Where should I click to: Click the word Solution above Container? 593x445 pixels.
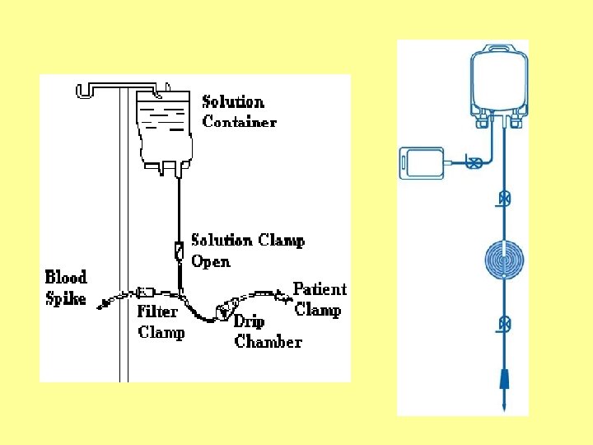(233, 102)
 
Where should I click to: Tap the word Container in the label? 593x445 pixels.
(240, 122)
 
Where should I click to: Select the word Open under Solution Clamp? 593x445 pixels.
(211, 261)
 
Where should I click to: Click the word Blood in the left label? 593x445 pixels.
(66, 277)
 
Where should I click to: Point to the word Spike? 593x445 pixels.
(65, 297)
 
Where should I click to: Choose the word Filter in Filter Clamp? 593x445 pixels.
(156, 311)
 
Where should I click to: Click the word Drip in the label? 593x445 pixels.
(249, 321)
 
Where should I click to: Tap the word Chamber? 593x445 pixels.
(268, 341)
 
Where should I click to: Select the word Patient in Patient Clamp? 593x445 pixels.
(320, 289)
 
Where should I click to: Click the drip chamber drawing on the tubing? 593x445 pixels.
(224, 311)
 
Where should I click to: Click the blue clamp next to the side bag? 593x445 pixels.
(474, 162)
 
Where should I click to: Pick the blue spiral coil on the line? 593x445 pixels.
(504, 261)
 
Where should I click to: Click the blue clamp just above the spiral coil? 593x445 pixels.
(504, 199)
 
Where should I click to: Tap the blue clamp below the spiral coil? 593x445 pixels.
(504, 325)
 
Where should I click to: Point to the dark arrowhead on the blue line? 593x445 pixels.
(503, 381)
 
